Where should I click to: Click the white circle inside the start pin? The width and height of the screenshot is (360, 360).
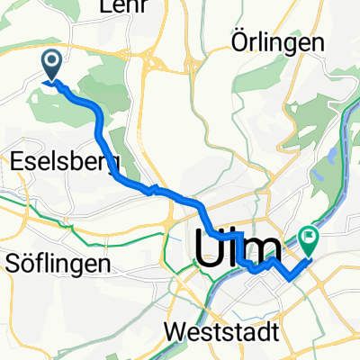52,61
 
